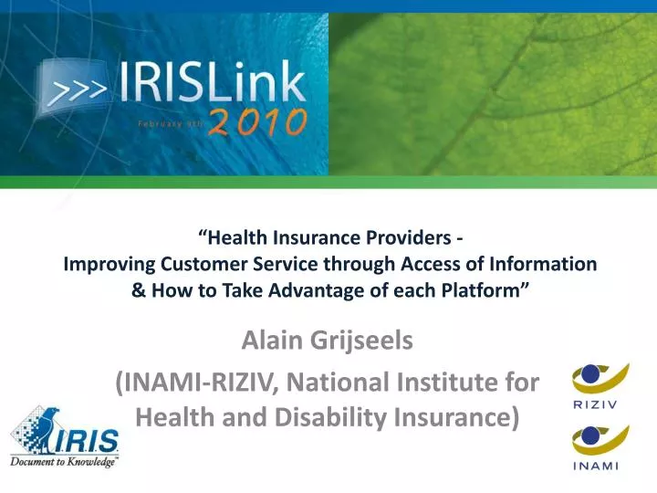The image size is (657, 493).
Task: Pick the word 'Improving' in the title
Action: (104, 265)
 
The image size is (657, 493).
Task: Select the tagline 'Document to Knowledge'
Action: (64, 462)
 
